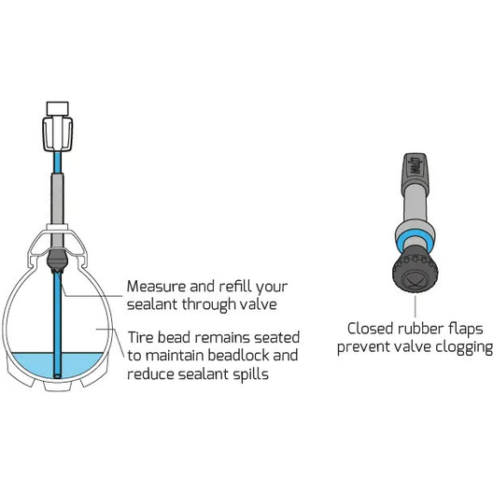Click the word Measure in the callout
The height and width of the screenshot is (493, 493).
[156, 287]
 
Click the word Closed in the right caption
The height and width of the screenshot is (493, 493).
[371, 330]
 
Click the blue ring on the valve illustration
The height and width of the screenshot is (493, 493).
[416, 244]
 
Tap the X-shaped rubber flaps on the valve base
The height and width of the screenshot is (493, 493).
[415, 279]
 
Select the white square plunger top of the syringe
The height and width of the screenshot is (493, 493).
[57, 109]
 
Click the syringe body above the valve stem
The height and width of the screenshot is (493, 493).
[58, 134]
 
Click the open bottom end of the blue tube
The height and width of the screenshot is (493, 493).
[57, 375]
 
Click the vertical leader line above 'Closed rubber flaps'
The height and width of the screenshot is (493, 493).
[415, 306]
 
